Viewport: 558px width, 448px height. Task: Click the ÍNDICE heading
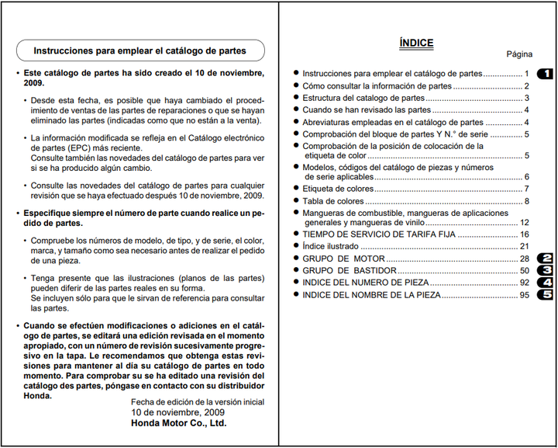(416, 43)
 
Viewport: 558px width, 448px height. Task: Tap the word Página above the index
(519, 54)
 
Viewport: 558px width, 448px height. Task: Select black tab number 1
(545, 74)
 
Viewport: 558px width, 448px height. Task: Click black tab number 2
(545, 258)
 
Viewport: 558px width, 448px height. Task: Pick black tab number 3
(545, 270)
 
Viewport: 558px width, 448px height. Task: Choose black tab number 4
(545, 283)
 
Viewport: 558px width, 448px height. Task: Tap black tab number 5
(545, 295)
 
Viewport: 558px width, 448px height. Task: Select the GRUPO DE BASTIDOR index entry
(350, 270)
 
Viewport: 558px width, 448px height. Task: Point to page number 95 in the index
(525, 295)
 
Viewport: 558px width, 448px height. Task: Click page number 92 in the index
(525, 283)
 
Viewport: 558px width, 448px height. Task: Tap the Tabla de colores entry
(333, 201)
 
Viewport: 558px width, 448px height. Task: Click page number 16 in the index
(525, 234)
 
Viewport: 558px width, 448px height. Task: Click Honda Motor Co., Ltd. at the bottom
(179, 424)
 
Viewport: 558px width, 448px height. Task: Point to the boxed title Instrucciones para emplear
(140, 51)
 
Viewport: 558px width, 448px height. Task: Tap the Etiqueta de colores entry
(338, 189)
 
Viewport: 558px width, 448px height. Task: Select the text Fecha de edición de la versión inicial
(198, 402)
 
